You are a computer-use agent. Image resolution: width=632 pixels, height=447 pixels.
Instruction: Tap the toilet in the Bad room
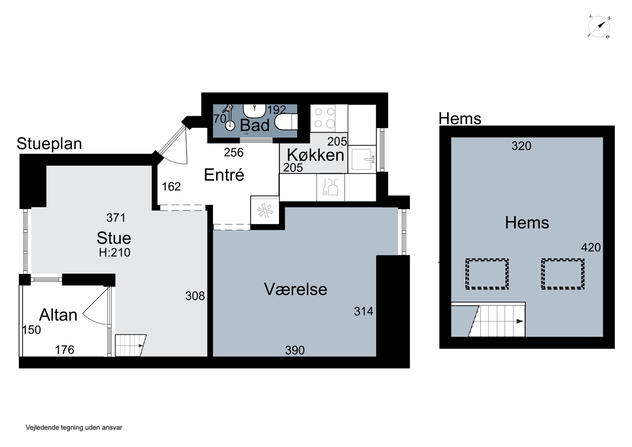coord(286,122)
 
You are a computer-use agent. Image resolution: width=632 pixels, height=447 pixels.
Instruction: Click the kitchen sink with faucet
coord(362,159)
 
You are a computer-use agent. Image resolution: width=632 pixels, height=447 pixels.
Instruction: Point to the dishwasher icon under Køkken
coord(330,187)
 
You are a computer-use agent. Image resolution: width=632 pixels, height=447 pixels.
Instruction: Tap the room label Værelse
coord(295,289)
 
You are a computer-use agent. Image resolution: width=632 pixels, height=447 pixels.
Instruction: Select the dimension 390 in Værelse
coord(295,350)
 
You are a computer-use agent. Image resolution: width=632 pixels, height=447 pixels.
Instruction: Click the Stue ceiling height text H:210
coord(115,252)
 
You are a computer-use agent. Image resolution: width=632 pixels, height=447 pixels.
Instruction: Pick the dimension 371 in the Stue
coord(116,218)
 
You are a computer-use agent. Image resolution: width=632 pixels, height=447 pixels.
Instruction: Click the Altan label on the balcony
coord(58,315)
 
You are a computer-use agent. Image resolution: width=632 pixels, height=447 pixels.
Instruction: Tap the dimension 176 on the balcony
coord(64,350)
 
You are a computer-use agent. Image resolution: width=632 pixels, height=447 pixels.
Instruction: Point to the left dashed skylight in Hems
coord(487,274)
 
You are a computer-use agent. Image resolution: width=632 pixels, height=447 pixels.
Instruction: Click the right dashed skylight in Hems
coord(563,274)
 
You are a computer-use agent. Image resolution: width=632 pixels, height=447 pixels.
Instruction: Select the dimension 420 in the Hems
coord(591,248)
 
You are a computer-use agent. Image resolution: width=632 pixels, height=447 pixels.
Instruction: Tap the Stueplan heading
coord(49,144)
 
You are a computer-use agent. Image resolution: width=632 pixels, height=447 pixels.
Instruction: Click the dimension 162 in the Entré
coord(171,187)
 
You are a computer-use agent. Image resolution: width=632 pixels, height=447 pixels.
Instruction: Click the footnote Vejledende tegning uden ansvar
coord(74,427)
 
